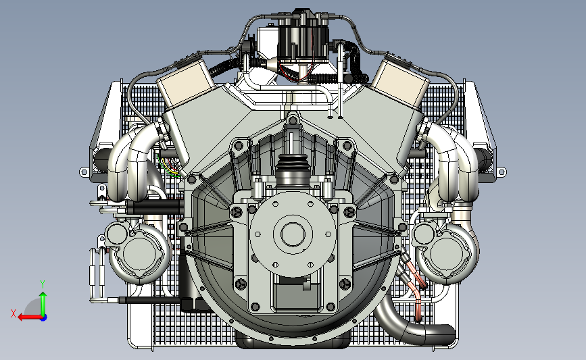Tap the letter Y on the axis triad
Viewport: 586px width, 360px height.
tap(42, 284)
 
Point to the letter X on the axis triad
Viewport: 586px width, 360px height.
tap(14, 313)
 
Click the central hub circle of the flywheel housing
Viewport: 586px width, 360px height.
tap(293, 234)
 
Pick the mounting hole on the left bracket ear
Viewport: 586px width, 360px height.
tap(84, 173)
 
